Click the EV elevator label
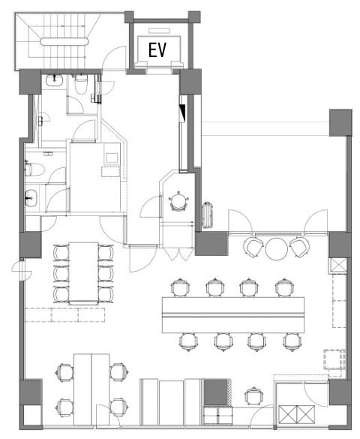click(x=157, y=50)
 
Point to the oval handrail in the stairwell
click(x=64, y=41)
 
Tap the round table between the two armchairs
click(x=276, y=248)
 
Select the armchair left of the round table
click(x=253, y=247)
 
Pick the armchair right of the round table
click(x=299, y=247)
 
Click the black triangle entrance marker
click(x=183, y=113)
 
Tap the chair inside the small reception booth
click(x=178, y=201)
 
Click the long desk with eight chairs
click(x=233, y=314)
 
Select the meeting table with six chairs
click(x=84, y=273)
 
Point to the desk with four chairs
click(x=91, y=389)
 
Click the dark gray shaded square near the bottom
click(x=215, y=392)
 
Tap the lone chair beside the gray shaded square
click(x=253, y=396)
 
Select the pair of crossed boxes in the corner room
click(x=297, y=414)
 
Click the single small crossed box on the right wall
click(x=339, y=265)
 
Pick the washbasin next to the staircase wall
click(x=54, y=80)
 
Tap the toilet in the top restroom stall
click(x=81, y=84)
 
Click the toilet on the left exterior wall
click(x=34, y=169)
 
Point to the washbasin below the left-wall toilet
click(x=31, y=197)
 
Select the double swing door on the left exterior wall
click(x=22, y=270)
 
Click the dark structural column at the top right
click(x=340, y=122)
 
